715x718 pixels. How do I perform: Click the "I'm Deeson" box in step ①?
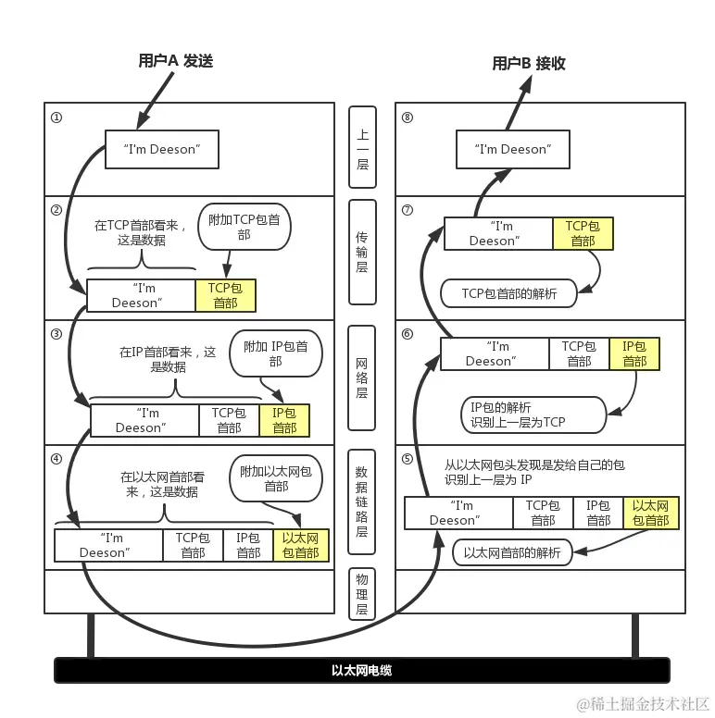[161, 149]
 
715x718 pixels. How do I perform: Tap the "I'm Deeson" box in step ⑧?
[512, 149]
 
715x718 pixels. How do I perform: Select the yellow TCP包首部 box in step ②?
[225, 295]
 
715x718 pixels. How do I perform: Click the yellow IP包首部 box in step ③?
[284, 420]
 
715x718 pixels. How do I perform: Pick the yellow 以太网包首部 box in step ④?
[300, 545]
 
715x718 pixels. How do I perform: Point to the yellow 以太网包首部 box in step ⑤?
[650, 513]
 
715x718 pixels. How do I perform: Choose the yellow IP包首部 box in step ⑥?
[634, 353]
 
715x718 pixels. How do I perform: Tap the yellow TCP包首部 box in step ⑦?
[583, 233]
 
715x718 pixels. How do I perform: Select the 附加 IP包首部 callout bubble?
[276, 353]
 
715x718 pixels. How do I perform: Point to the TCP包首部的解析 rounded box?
[509, 293]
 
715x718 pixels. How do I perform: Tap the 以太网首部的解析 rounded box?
[511, 553]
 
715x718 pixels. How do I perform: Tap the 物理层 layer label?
[362, 593]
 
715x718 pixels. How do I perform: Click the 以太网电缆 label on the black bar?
[361, 670]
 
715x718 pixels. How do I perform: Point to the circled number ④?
[56, 459]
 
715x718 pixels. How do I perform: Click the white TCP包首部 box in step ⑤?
[543, 513]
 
